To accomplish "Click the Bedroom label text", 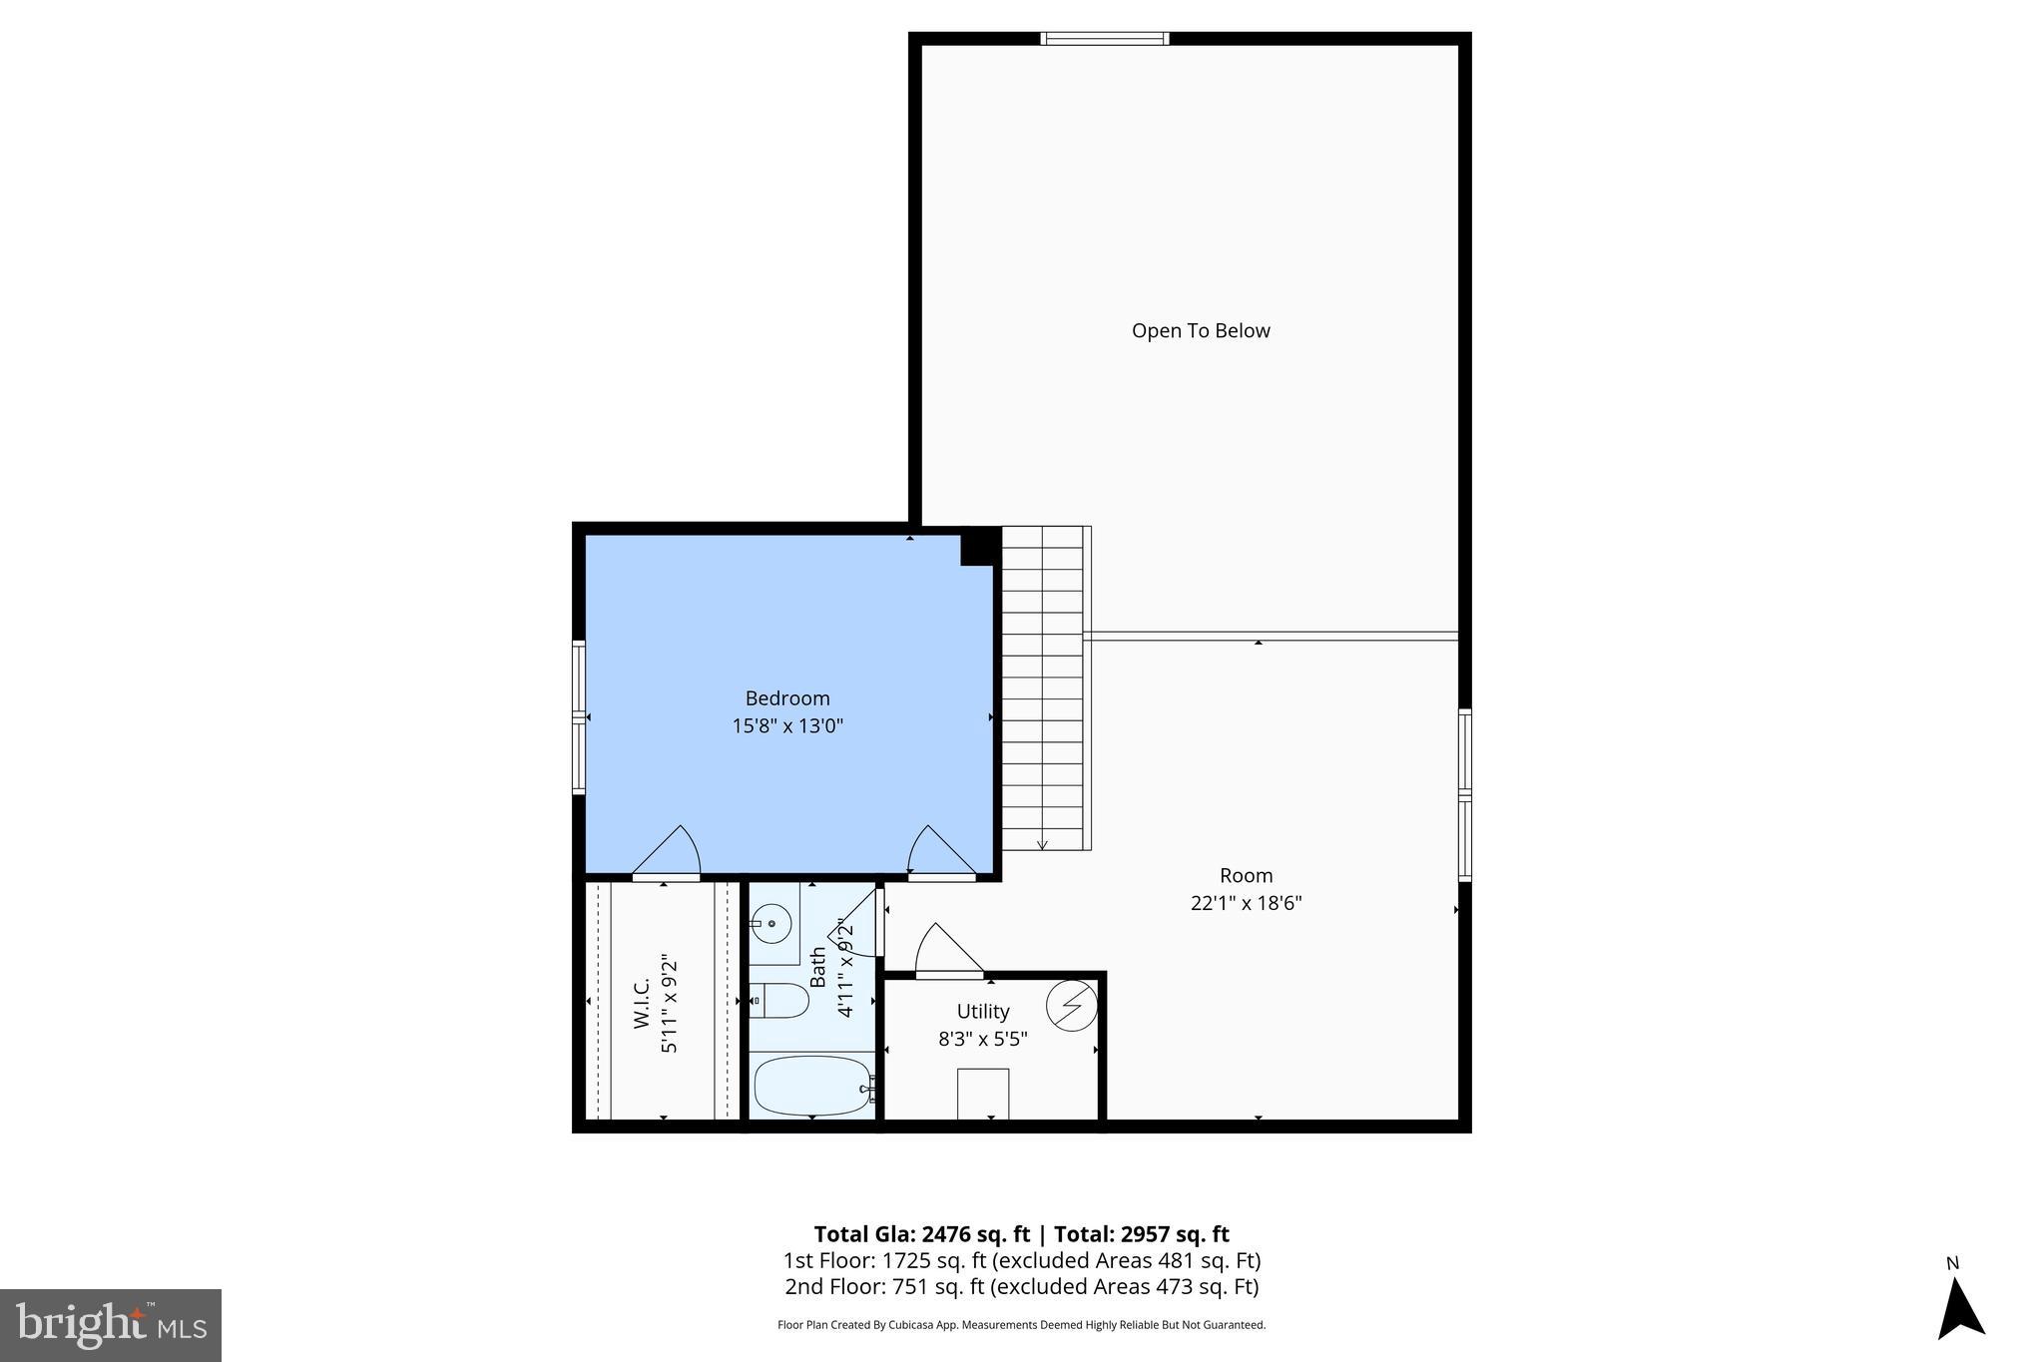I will coord(786,698).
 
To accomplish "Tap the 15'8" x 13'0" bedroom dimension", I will coord(786,725).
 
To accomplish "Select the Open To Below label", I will coord(1200,330).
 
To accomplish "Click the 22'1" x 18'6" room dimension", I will coord(1246,903).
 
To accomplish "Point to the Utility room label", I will coord(982,1011).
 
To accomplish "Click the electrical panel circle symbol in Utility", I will coord(1070,1006).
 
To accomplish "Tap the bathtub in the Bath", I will coord(812,1087).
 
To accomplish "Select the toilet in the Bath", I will coord(780,1000).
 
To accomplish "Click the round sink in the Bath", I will coord(770,924).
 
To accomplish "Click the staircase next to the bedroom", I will coord(1043,688).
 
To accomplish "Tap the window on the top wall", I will coord(1104,39).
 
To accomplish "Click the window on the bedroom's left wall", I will coord(578,716).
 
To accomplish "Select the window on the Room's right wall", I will coord(1464,794).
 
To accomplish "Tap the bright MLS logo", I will coord(111,1325).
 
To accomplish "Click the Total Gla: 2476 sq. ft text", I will coord(920,1234).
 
